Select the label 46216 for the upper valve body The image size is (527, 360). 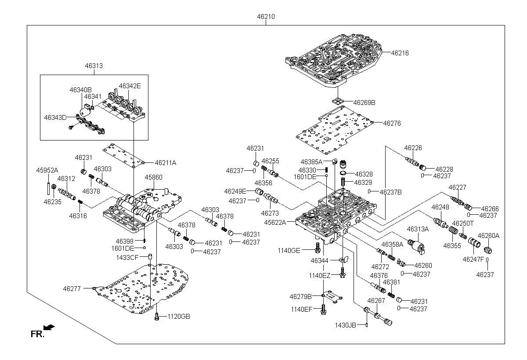[400, 53]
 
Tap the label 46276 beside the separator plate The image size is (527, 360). [392, 123]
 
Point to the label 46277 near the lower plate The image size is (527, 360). [72, 289]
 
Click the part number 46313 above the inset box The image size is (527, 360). [94, 66]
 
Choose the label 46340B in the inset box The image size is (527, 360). [80, 90]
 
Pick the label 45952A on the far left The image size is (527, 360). [47, 170]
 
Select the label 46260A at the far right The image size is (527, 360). [489, 236]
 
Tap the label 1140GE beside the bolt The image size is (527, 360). [289, 251]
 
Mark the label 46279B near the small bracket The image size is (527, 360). [300, 297]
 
